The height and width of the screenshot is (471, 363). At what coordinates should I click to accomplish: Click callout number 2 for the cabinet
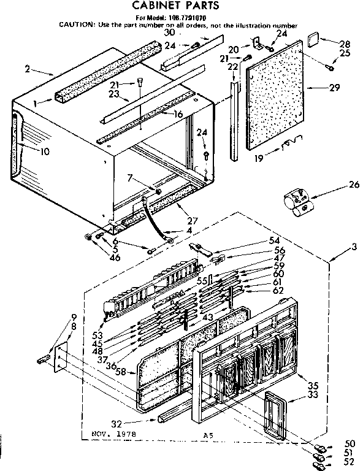[x=27, y=69]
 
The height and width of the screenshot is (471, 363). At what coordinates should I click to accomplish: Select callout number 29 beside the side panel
[x=334, y=88]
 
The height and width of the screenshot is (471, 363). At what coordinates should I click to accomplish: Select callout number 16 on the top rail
[x=178, y=114]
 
